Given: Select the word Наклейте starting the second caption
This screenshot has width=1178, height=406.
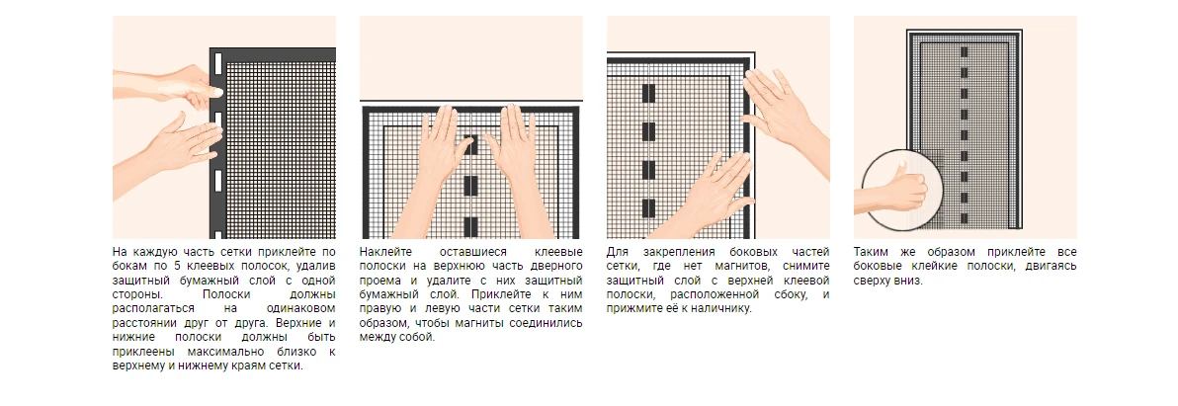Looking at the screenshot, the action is (x=383, y=252).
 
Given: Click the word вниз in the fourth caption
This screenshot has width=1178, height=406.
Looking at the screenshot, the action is (x=910, y=280).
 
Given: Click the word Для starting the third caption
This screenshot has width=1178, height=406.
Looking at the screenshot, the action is (x=617, y=252).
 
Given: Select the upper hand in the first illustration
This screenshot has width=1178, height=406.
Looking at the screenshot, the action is (x=188, y=85).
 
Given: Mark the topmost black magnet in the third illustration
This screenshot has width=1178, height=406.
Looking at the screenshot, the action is (x=647, y=94).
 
